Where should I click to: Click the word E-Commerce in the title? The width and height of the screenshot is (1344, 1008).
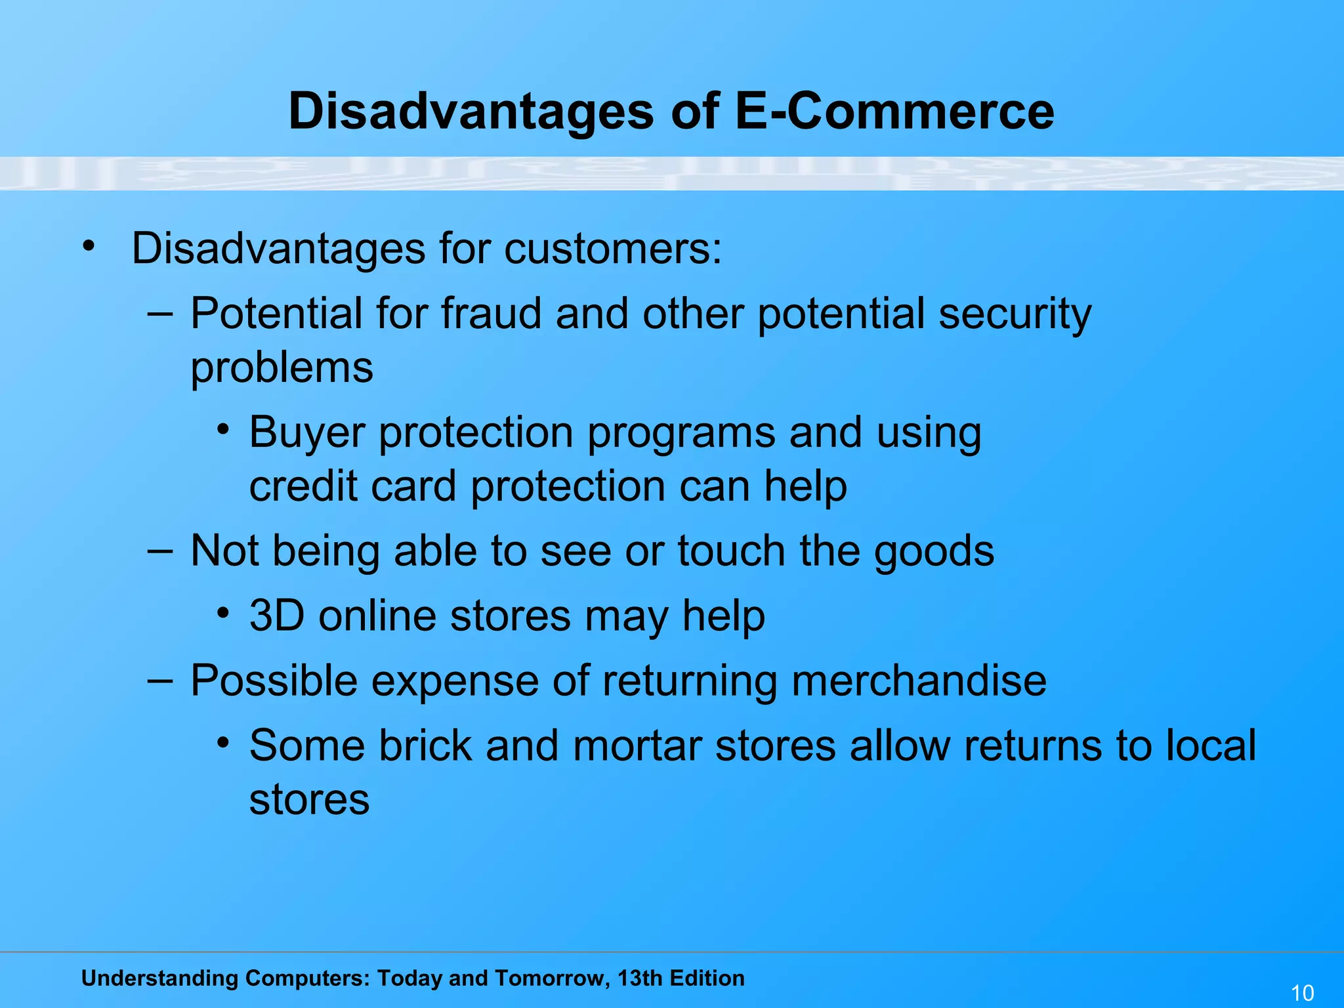pyautogui.click(x=894, y=112)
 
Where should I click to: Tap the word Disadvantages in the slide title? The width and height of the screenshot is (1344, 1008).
pyautogui.click(x=471, y=112)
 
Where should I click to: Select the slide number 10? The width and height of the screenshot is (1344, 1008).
pyautogui.click(x=1302, y=993)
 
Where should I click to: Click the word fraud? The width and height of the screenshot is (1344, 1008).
pyautogui.click(x=491, y=314)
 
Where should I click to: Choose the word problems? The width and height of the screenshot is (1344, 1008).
pyautogui.click(x=282, y=369)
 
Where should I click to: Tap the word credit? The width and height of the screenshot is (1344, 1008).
pyautogui.click(x=303, y=486)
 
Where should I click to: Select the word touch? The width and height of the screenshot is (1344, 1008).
pyautogui.click(x=731, y=551)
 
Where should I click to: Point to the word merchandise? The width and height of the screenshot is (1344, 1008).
pyautogui.click(x=919, y=681)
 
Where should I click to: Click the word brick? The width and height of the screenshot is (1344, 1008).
pyautogui.click(x=425, y=746)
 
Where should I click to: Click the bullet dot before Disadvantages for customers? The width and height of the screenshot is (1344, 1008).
pyautogui.click(x=89, y=247)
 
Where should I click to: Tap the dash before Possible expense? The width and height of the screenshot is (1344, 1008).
pyautogui.click(x=160, y=681)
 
